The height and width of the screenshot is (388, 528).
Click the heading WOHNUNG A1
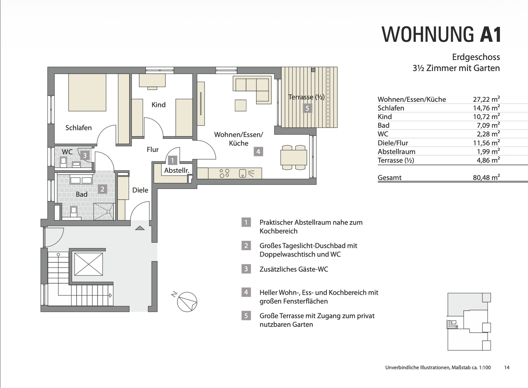[441, 35]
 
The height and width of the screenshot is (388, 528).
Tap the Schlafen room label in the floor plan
[78, 128]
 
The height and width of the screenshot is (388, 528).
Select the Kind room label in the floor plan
[158, 105]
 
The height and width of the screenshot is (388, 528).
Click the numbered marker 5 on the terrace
[307, 108]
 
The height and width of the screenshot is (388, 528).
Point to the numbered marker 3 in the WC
[85, 155]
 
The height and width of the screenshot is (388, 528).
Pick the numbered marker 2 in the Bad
[102, 189]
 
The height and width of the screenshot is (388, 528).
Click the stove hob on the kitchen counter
[224, 173]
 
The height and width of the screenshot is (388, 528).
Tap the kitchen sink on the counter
[242, 174]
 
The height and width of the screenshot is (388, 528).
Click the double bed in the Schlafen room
[87, 92]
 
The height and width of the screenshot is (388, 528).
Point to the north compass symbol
[187, 302]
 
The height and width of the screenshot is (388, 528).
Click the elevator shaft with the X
[88, 264]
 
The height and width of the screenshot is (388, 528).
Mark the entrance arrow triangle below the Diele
[140, 228]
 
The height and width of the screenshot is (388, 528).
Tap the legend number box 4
[246, 292]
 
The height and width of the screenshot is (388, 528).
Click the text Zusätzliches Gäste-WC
[294, 269]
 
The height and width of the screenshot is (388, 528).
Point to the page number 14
[507, 368]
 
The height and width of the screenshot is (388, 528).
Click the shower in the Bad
[104, 211]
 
